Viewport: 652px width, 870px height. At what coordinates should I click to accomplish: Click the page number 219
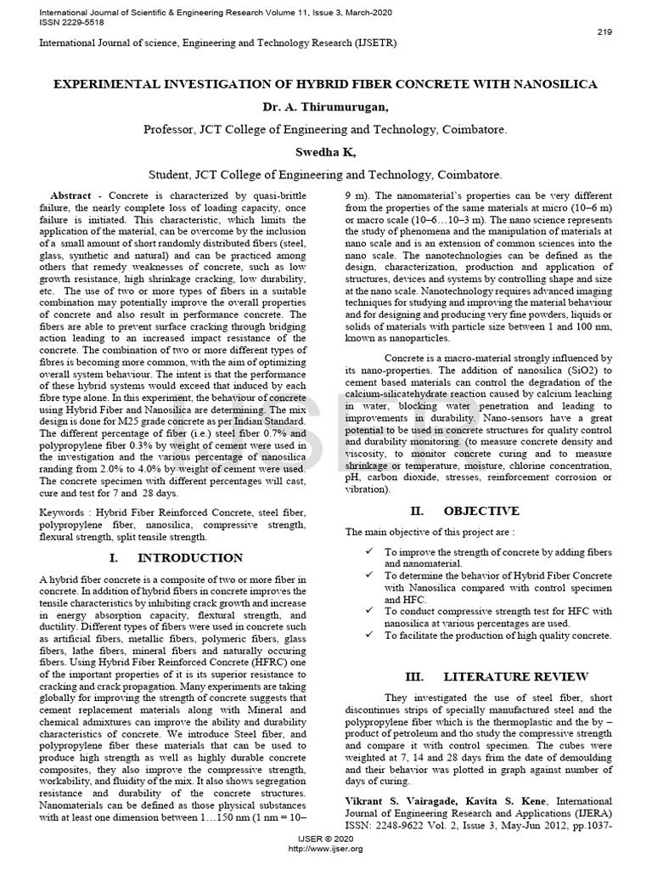click(604, 31)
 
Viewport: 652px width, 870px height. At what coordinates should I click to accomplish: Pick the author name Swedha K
click(325, 151)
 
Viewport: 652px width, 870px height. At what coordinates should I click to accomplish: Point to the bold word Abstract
click(70, 195)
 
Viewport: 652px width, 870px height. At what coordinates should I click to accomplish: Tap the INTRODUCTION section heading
click(189, 558)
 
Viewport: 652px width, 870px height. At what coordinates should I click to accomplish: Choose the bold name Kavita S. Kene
click(493, 801)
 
